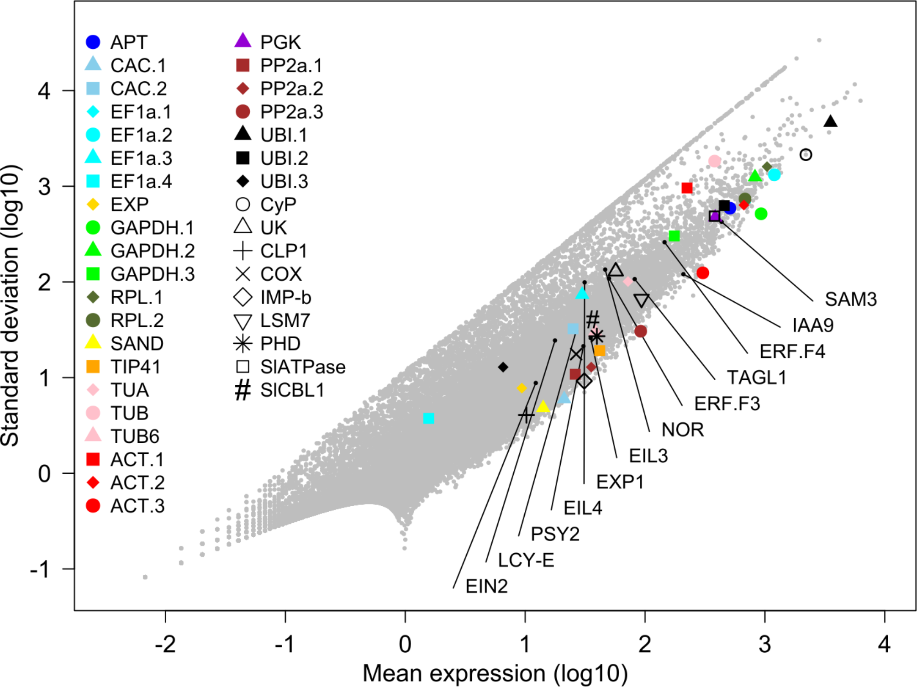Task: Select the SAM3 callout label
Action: [850, 299]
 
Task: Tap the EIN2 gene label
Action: [486, 587]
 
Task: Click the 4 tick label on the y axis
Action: [44, 91]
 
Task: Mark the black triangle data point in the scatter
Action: [830, 121]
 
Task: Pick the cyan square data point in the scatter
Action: [428, 418]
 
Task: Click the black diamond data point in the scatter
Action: [503, 367]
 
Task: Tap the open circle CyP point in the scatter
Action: [806, 155]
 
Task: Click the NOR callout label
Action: [682, 430]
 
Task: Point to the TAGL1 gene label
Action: [757, 378]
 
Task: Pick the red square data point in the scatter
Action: [687, 188]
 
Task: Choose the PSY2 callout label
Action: [555, 534]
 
